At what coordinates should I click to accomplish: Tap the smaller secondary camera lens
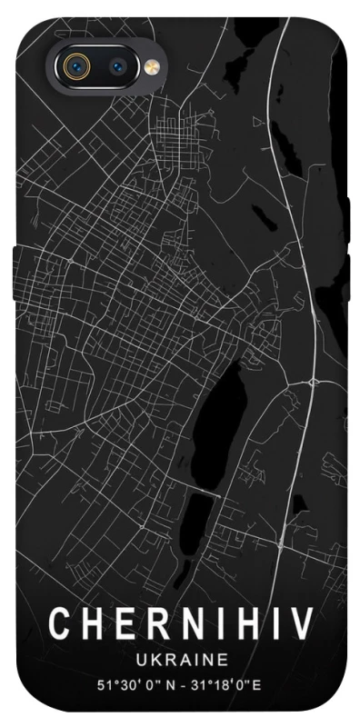(x=119, y=65)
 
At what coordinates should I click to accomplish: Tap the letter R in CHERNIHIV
(x=153, y=624)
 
